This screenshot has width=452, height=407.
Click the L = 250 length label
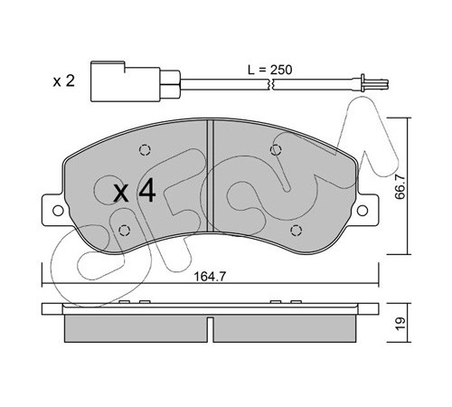(269, 70)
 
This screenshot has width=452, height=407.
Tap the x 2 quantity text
(63, 80)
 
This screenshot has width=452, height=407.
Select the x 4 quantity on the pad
(135, 191)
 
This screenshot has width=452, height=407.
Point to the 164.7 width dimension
(210, 276)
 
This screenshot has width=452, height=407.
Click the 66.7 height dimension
(400, 187)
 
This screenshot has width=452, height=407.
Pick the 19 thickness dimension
(400, 324)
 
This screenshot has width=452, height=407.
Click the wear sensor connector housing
(126, 81)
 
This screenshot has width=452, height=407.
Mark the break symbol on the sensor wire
(270, 84)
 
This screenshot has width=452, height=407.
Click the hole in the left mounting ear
(58, 211)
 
